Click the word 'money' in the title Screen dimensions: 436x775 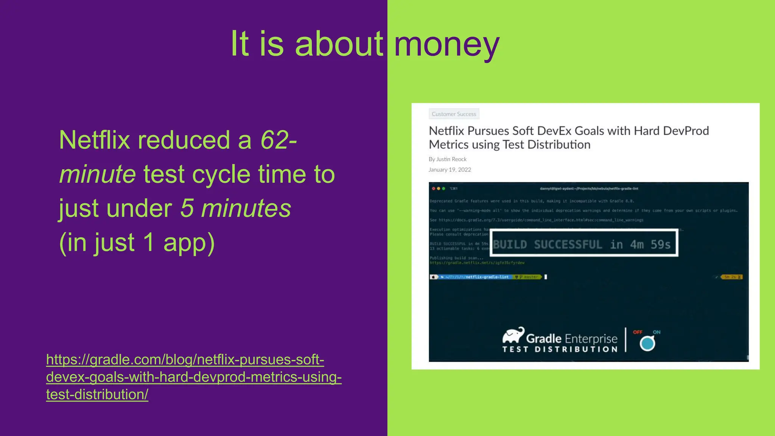coord(447,45)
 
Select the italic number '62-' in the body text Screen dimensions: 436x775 coord(279,140)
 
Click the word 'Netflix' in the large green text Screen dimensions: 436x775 coord(95,140)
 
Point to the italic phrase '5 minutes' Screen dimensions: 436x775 coord(235,208)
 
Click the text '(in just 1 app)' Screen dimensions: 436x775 coord(137,242)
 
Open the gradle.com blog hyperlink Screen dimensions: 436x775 coord(193,377)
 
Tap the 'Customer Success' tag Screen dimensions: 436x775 coord(454,114)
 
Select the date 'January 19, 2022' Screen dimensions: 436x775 coord(450,170)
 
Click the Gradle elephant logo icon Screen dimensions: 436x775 coord(513,335)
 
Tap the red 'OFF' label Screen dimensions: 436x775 coord(638,332)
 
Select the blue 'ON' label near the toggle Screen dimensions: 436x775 coord(657,332)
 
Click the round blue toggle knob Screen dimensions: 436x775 coord(647,343)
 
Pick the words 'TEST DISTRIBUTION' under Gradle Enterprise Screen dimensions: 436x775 coord(560,349)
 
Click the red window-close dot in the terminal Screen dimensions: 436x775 coord(433,188)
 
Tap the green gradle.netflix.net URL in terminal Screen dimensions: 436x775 coord(477,263)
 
